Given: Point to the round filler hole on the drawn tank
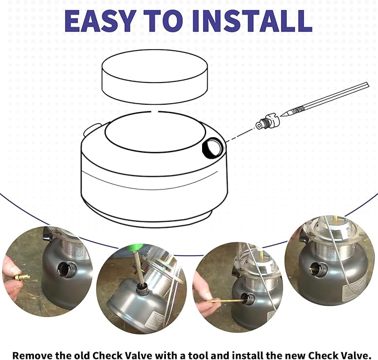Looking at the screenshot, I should pos(212,148).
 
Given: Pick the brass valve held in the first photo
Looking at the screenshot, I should pos(22,277).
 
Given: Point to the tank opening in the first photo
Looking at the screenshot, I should pos(67,270).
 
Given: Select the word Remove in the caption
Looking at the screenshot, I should pos(32,354).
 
